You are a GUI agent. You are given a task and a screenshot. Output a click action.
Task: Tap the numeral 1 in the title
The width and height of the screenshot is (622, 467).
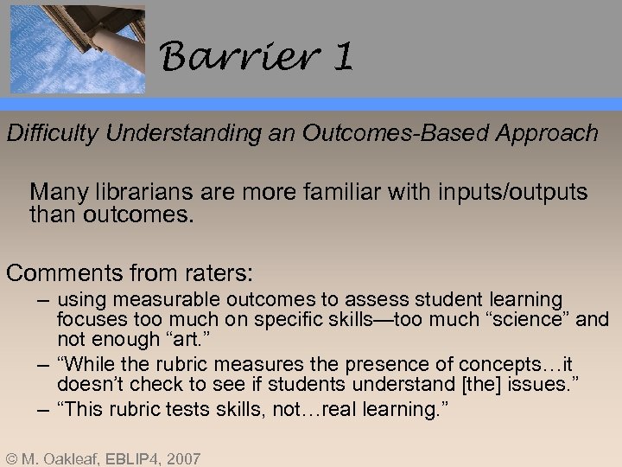tap(342, 59)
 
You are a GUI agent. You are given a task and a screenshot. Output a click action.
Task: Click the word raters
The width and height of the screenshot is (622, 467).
tap(213, 274)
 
